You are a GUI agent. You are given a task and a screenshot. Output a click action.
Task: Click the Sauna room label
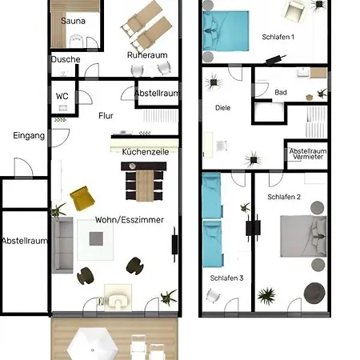click(x=73, y=21)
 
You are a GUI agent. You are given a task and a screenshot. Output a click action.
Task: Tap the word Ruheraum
click(x=147, y=55)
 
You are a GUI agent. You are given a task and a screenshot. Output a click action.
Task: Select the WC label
click(x=62, y=96)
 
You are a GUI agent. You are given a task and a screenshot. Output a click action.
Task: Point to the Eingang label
click(x=29, y=136)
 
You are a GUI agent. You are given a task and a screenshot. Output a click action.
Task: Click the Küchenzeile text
click(x=146, y=152)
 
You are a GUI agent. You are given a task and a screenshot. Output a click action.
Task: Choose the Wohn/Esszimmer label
click(x=130, y=220)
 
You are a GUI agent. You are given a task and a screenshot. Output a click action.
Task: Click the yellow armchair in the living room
click(x=82, y=198)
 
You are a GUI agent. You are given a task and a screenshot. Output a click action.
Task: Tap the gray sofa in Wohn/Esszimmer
click(x=62, y=245)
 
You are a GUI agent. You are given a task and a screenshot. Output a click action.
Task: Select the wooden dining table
click(x=145, y=186)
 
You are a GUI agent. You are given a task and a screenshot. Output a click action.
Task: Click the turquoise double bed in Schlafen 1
click(x=226, y=31)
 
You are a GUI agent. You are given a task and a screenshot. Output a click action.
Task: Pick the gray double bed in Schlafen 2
click(x=303, y=236)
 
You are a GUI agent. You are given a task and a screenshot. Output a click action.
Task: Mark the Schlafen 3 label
click(x=226, y=278)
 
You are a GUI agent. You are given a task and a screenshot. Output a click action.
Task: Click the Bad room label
click(x=281, y=93)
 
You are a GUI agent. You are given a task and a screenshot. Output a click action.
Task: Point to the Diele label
click(x=222, y=108)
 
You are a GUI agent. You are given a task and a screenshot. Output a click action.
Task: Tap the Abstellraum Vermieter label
click(x=308, y=154)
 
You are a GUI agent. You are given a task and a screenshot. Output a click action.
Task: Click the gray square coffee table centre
click(x=96, y=238)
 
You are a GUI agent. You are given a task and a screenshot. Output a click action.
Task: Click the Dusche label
click(x=66, y=59)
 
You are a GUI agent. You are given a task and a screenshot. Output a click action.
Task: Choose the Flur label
click(x=106, y=116)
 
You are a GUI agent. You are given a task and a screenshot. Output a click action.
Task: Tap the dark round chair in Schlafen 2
click(x=314, y=294)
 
